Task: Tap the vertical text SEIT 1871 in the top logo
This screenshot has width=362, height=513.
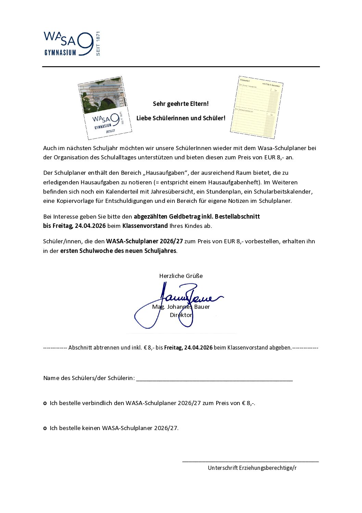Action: pyautogui.click(x=98, y=44)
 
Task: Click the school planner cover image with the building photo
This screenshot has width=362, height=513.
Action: pyautogui.click(x=105, y=108)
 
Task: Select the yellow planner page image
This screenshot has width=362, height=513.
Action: pyautogui.click(x=256, y=107)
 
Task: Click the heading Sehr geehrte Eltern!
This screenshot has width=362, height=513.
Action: pyautogui.click(x=181, y=104)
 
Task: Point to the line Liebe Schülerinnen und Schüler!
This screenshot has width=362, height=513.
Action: pyautogui.click(x=181, y=118)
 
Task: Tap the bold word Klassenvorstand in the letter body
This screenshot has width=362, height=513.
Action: pyautogui.click(x=145, y=226)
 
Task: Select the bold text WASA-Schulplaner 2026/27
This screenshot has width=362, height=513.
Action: pyautogui.click(x=144, y=241)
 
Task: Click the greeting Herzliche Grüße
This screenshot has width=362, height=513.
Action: pyautogui.click(x=181, y=276)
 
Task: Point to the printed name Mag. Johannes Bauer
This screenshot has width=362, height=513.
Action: pyautogui.click(x=181, y=307)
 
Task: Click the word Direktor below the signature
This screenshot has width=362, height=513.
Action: pyautogui.click(x=181, y=315)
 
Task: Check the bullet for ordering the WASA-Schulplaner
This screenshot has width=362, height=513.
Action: pyautogui.click(x=45, y=403)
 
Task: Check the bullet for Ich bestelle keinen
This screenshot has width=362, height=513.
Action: pyautogui.click(x=45, y=428)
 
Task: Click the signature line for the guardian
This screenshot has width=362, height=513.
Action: pyautogui.click(x=250, y=461)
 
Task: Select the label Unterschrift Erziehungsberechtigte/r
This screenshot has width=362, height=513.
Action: pyautogui.click(x=252, y=468)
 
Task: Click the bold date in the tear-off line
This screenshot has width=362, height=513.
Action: pyautogui.click(x=188, y=347)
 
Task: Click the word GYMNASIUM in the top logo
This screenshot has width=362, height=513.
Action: pyautogui.click(x=60, y=52)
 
